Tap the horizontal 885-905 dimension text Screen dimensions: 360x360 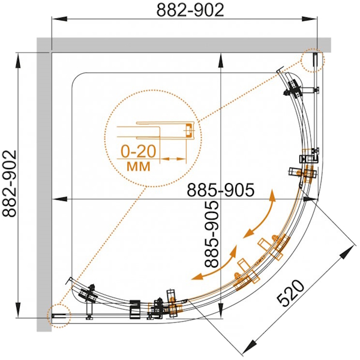pyautogui.click(x=221, y=190)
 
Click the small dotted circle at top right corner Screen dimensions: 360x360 pyautogui.click(x=313, y=60)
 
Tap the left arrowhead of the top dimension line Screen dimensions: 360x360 pyautogui.click(x=55, y=20)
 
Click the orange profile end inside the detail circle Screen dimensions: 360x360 pyautogui.click(x=188, y=130)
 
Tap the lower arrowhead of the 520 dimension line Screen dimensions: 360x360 pyautogui.click(x=251, y=347)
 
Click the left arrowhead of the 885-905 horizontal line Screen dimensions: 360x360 pyautogui.click(x=55, y=199)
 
